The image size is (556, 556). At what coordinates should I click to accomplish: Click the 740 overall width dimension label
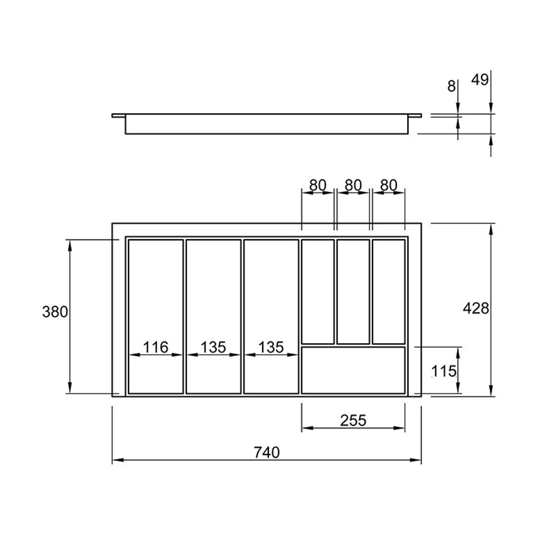[266, 453]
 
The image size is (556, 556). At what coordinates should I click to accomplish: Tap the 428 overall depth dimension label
[476, 308]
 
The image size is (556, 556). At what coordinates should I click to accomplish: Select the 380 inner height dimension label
[55, 312]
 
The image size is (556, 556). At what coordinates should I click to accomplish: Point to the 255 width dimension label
[353, 420]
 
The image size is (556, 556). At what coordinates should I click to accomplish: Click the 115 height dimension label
[443, 371]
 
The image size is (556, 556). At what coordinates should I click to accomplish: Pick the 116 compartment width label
[156, 347]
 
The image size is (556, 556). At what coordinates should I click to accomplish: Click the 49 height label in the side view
[480, 80]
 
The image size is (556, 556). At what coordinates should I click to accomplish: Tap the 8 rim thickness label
[451, 86]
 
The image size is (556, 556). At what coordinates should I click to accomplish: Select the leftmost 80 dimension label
[318, 185]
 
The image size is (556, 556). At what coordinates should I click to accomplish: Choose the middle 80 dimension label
[353, 185]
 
